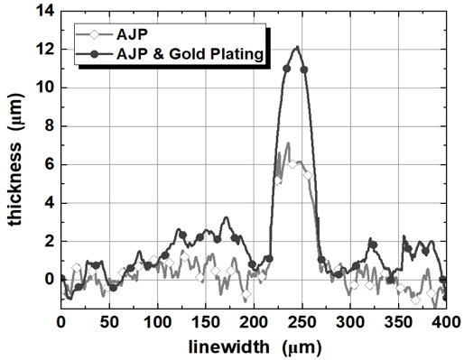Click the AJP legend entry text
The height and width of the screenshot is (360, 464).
[136, 35]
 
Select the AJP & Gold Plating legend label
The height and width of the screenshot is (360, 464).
[192, 56]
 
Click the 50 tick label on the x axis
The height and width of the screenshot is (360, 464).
[109, 321]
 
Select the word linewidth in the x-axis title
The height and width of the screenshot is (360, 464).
[228, 346]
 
